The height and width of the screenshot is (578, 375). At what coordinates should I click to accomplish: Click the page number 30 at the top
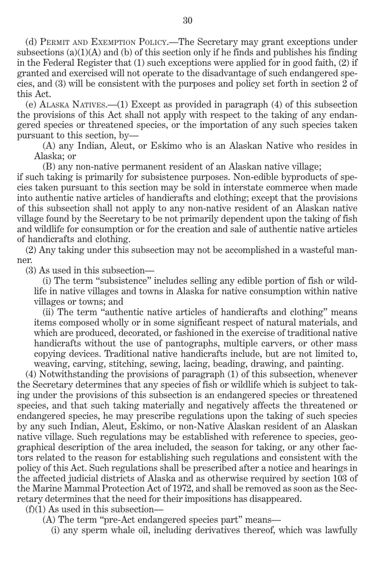pos(187,21)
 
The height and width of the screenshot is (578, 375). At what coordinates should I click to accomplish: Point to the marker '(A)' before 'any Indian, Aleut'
pos(49,146)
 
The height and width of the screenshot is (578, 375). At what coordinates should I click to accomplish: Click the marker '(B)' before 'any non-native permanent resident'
pos(49,167)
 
